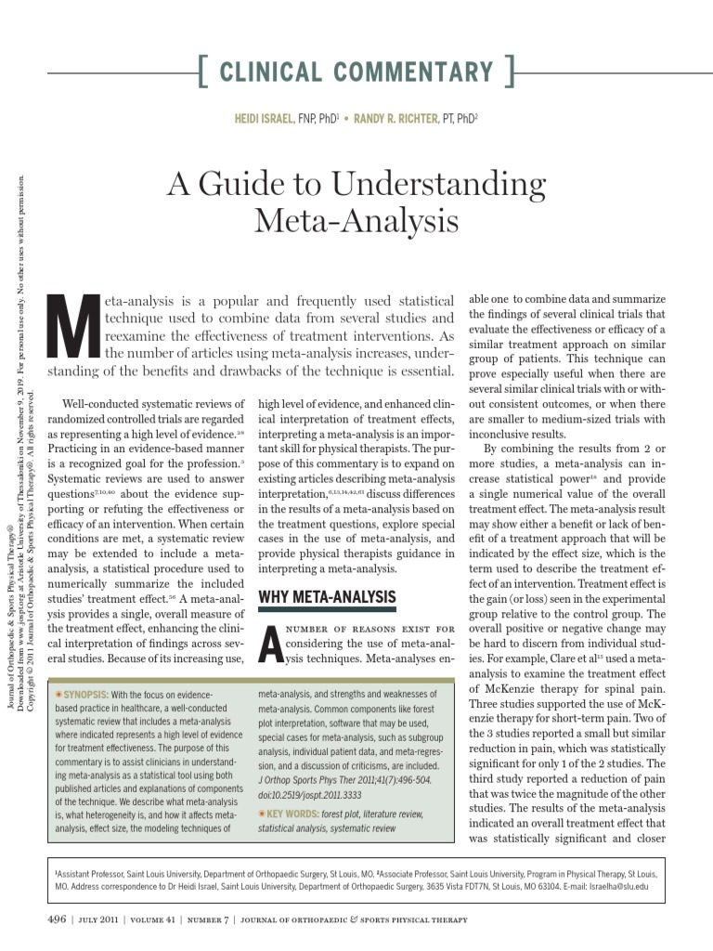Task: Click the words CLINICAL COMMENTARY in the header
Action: point(356,72)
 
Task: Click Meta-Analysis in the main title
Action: point(356,221)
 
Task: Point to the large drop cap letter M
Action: point(72,328)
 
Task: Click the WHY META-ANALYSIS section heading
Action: point(327,597)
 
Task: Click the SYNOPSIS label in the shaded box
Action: point(83,695)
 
